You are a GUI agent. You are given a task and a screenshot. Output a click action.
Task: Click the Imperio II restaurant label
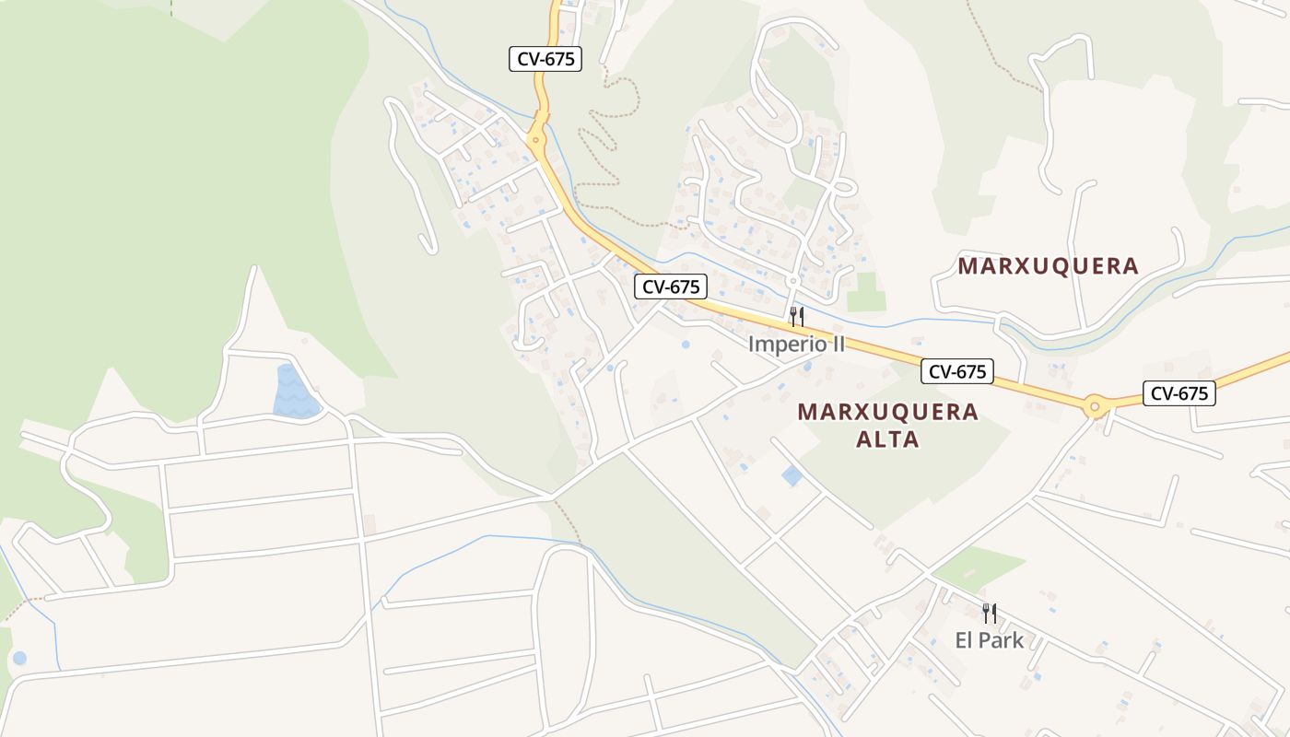(x=796, y=344)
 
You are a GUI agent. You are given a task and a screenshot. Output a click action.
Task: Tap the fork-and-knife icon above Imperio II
(x=797, y=317)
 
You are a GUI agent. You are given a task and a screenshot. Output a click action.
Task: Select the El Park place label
(x=989, y=640)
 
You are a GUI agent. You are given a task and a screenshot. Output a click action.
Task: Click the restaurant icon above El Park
(x=989, y=613)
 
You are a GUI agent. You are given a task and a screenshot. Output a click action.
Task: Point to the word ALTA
(x=887, y=439)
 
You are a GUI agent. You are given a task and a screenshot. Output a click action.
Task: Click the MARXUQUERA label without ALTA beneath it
(x=1048, y=266)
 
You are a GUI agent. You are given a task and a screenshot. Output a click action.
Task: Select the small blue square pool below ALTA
(x=792, y=476)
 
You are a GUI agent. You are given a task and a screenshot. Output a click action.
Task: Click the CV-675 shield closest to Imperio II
(x=670, y=287)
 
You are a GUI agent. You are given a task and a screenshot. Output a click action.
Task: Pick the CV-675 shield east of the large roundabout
(x=1179, y=393)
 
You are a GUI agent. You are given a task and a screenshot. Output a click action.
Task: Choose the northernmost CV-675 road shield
(x=545, y=59)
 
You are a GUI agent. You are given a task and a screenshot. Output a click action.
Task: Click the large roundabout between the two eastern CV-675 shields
(x=1095, y=404)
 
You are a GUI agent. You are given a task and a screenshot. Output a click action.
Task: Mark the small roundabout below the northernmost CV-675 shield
(x=535, y=143)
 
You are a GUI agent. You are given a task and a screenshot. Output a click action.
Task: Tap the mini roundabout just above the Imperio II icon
(x=792, y=280)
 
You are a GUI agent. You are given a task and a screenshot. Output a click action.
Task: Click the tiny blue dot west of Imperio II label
(x=686, y=345)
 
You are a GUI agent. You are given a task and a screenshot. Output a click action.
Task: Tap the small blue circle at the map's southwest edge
(x=19, y=658)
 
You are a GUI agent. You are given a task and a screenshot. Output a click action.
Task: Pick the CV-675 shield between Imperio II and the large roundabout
(x=957, y=371)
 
